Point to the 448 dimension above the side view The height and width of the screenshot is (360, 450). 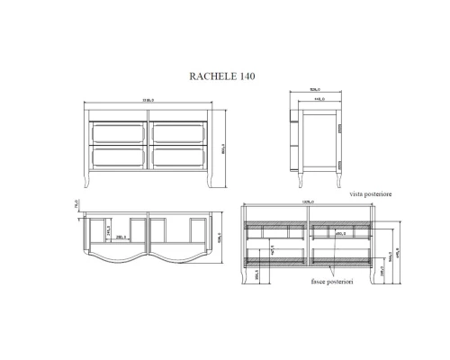(x=319, y=100)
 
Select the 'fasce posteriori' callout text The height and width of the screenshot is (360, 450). (x=331, y=283)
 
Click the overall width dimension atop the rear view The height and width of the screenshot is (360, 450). (x=307, y=202)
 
